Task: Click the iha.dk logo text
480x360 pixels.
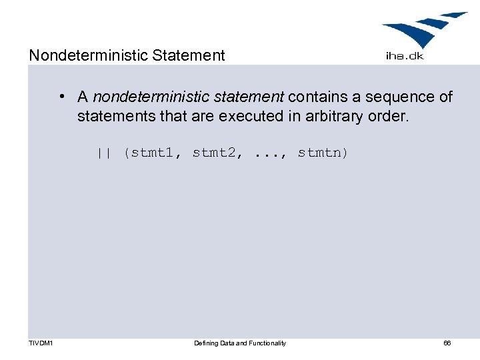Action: (x=404, y=56)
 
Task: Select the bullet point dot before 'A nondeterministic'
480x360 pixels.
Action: (x=61, y=97)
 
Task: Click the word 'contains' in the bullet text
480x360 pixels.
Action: (x=317, y=97)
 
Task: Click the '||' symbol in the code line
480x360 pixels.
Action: (x=103, y=153)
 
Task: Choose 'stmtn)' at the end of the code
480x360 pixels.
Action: (x=323, y=153)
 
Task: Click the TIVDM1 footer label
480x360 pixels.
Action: (x=41, y=343)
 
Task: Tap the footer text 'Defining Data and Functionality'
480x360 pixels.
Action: (x=240, y=343)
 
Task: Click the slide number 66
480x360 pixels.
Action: (x=447, y=343)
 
